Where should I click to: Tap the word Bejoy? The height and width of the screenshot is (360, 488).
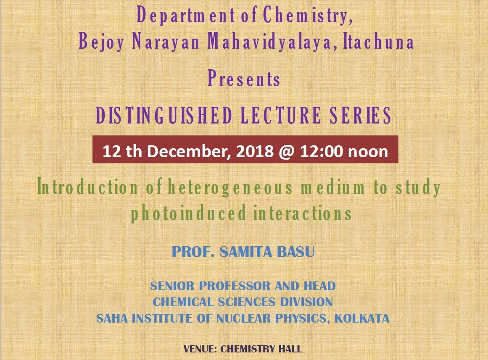tap(101, 42)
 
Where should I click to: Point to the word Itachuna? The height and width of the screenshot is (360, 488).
tap(378, 41)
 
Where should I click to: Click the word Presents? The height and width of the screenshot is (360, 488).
tap(244, 78)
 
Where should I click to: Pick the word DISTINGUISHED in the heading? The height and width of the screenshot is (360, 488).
tap(164, 115)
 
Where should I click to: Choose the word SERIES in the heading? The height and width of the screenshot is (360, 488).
tap(360, 115)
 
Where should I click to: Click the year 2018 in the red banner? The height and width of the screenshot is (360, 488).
tap(255, 151)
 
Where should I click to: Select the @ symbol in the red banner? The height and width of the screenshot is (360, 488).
tap(287, 152)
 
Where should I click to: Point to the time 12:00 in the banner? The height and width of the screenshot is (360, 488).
tap(322, 151)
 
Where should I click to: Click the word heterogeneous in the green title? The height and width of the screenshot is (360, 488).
tap(230, 188)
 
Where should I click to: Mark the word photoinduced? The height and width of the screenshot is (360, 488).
tap(188, 213)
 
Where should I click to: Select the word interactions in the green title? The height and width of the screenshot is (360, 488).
tap(303, 213)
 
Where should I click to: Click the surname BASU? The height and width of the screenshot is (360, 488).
tap(295, 252)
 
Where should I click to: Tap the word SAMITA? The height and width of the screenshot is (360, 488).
tap(245, 252)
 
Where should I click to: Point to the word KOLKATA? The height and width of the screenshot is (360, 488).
tap(362, 318)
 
